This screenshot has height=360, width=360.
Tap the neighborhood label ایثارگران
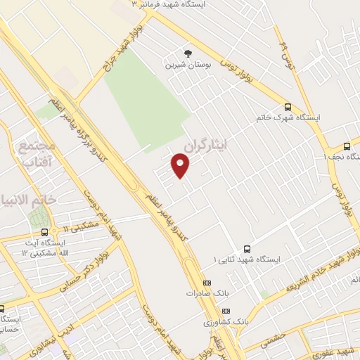point(208,145)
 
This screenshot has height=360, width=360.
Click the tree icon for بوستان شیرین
point(187,53)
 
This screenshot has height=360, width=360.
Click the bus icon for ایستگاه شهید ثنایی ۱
point(247,249)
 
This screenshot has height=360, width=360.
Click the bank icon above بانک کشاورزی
point(226,311)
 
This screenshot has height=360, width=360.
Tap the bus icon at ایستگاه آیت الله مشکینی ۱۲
point(45,231)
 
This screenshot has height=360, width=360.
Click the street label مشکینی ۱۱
point(79,226)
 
